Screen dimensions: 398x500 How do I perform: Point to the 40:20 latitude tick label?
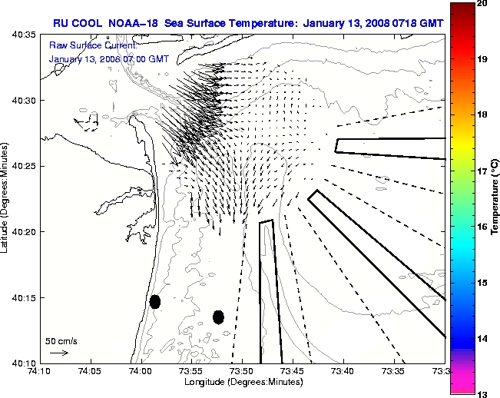[25, 231]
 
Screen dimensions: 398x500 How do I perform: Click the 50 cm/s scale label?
[61, 340]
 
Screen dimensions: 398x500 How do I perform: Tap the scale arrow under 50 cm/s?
[59, 353]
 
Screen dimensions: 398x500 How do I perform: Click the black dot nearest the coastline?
[155, 301]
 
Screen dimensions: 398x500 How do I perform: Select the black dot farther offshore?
[218, 317]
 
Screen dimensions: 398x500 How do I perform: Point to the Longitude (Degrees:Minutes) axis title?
[242, 382]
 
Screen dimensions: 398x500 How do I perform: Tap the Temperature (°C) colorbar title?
[495, 197]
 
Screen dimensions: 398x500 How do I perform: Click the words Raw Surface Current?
[84, 46]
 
